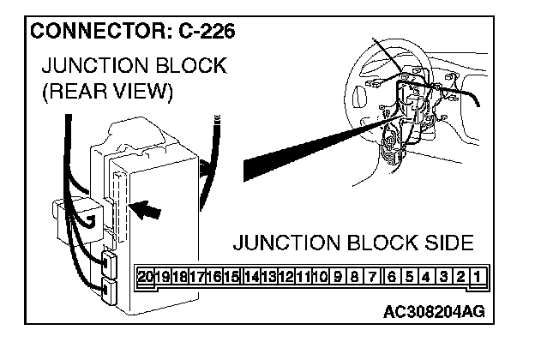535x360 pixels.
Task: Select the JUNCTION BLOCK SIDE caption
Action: pos(352,243)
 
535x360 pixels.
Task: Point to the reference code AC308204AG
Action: pos(433,310)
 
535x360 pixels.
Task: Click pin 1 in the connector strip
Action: pos(478,277)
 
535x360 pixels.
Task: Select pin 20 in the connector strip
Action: pos(145,277)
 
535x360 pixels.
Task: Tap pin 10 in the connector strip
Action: pos(322,277)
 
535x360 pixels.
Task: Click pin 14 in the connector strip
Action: pos(251,277)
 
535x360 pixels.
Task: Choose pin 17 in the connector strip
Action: pos(197,277)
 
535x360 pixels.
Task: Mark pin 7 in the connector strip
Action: pos(373,277)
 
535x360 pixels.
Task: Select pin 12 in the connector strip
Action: pos(286,277)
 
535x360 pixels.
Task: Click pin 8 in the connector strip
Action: pos(356,277)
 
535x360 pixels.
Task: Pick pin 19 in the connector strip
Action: pos(163,277)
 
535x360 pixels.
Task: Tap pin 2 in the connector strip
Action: pos(461,277)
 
